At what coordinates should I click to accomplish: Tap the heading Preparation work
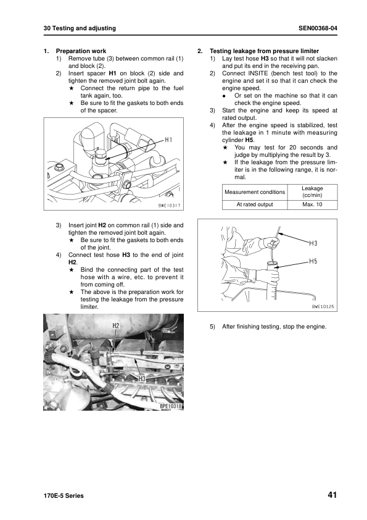(x=81, y=51)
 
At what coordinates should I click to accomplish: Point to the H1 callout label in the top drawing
(x=168, y=140)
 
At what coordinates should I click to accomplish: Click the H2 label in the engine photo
(x=116, y=325)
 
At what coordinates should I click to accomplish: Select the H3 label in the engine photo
(x=141, y=377)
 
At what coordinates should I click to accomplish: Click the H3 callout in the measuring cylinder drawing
(x=313, y=244)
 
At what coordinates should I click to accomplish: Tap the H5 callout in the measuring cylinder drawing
(x=313, y=262)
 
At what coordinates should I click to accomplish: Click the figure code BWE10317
(x=169, y=205)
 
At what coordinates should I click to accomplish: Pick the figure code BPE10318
(x=171, y=406)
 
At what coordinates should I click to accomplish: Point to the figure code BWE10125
(x=323, y=306)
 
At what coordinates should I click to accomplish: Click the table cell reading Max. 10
(x=312, y=204)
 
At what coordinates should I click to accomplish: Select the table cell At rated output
(x=255, y=204)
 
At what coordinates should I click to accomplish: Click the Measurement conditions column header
(x=255, y=191)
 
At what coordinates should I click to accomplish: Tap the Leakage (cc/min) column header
(x=312, y=191)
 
